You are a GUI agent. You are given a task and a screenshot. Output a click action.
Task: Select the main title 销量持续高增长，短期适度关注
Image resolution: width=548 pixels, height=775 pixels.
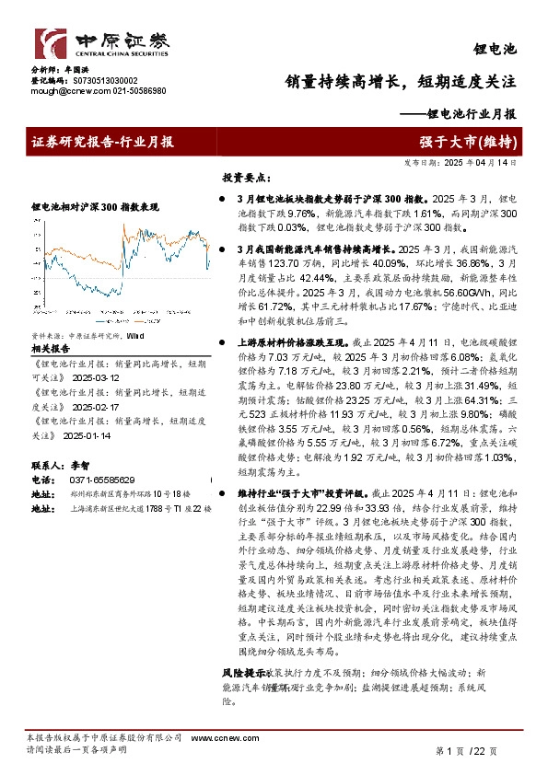(400, 81)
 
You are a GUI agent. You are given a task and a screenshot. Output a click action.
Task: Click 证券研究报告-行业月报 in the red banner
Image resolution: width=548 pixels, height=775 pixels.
(102, 141)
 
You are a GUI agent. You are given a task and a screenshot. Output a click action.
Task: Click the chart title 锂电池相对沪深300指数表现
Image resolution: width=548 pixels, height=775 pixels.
(95, 207)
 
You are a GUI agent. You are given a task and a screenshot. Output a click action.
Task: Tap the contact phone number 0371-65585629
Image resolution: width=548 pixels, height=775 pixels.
(102, 480)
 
